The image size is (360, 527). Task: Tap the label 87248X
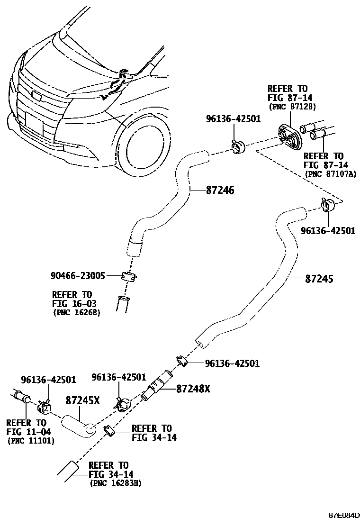click(193, 389)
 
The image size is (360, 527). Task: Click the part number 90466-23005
click(78, 275)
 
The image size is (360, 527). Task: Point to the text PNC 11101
click(31, 440)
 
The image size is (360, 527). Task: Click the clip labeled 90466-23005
click(128, 276)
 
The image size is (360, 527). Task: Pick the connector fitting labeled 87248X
click(157, 386)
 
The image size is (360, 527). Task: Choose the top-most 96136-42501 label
click(233, 119)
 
